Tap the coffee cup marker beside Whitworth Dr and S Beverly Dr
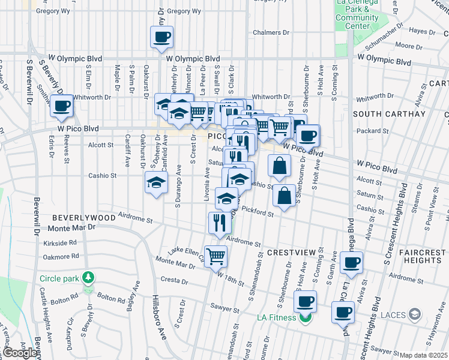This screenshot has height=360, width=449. tap(61, 106)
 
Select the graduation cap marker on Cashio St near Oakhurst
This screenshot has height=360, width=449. tap(156, 183)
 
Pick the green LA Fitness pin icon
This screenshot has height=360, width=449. tap(306, 317)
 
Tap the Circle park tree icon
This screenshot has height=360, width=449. tap(88, 277)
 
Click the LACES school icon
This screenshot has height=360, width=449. tap(414, 314)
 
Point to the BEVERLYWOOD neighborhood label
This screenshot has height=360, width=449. tap(83, 217)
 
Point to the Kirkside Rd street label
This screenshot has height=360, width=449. tap(60, 243)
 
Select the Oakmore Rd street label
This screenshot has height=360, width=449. tap(61, 256)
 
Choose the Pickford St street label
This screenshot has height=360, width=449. tap(260, 214)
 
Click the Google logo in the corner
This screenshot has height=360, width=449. tap(20, 353)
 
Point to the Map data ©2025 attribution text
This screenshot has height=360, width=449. tap(423, 355)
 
